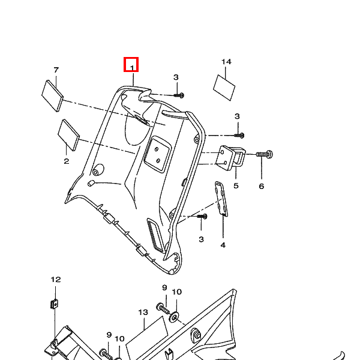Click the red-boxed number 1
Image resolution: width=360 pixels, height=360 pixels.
(131, 64)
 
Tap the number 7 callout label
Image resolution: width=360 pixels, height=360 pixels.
(56, 70)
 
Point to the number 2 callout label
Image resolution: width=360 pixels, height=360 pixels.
(66, 161)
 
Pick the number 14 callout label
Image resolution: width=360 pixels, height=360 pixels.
(226, 62)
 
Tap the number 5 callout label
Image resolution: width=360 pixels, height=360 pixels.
(236, 186)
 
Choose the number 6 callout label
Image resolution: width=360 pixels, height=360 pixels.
(262, 187)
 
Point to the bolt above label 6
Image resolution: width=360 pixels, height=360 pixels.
(265, 154)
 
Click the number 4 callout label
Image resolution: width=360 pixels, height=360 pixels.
(223, 245)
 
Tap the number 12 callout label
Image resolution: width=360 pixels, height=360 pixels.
(55, 280)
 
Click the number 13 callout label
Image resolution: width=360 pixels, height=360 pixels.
(143, 312)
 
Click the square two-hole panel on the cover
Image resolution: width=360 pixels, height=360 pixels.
(156, 152)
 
